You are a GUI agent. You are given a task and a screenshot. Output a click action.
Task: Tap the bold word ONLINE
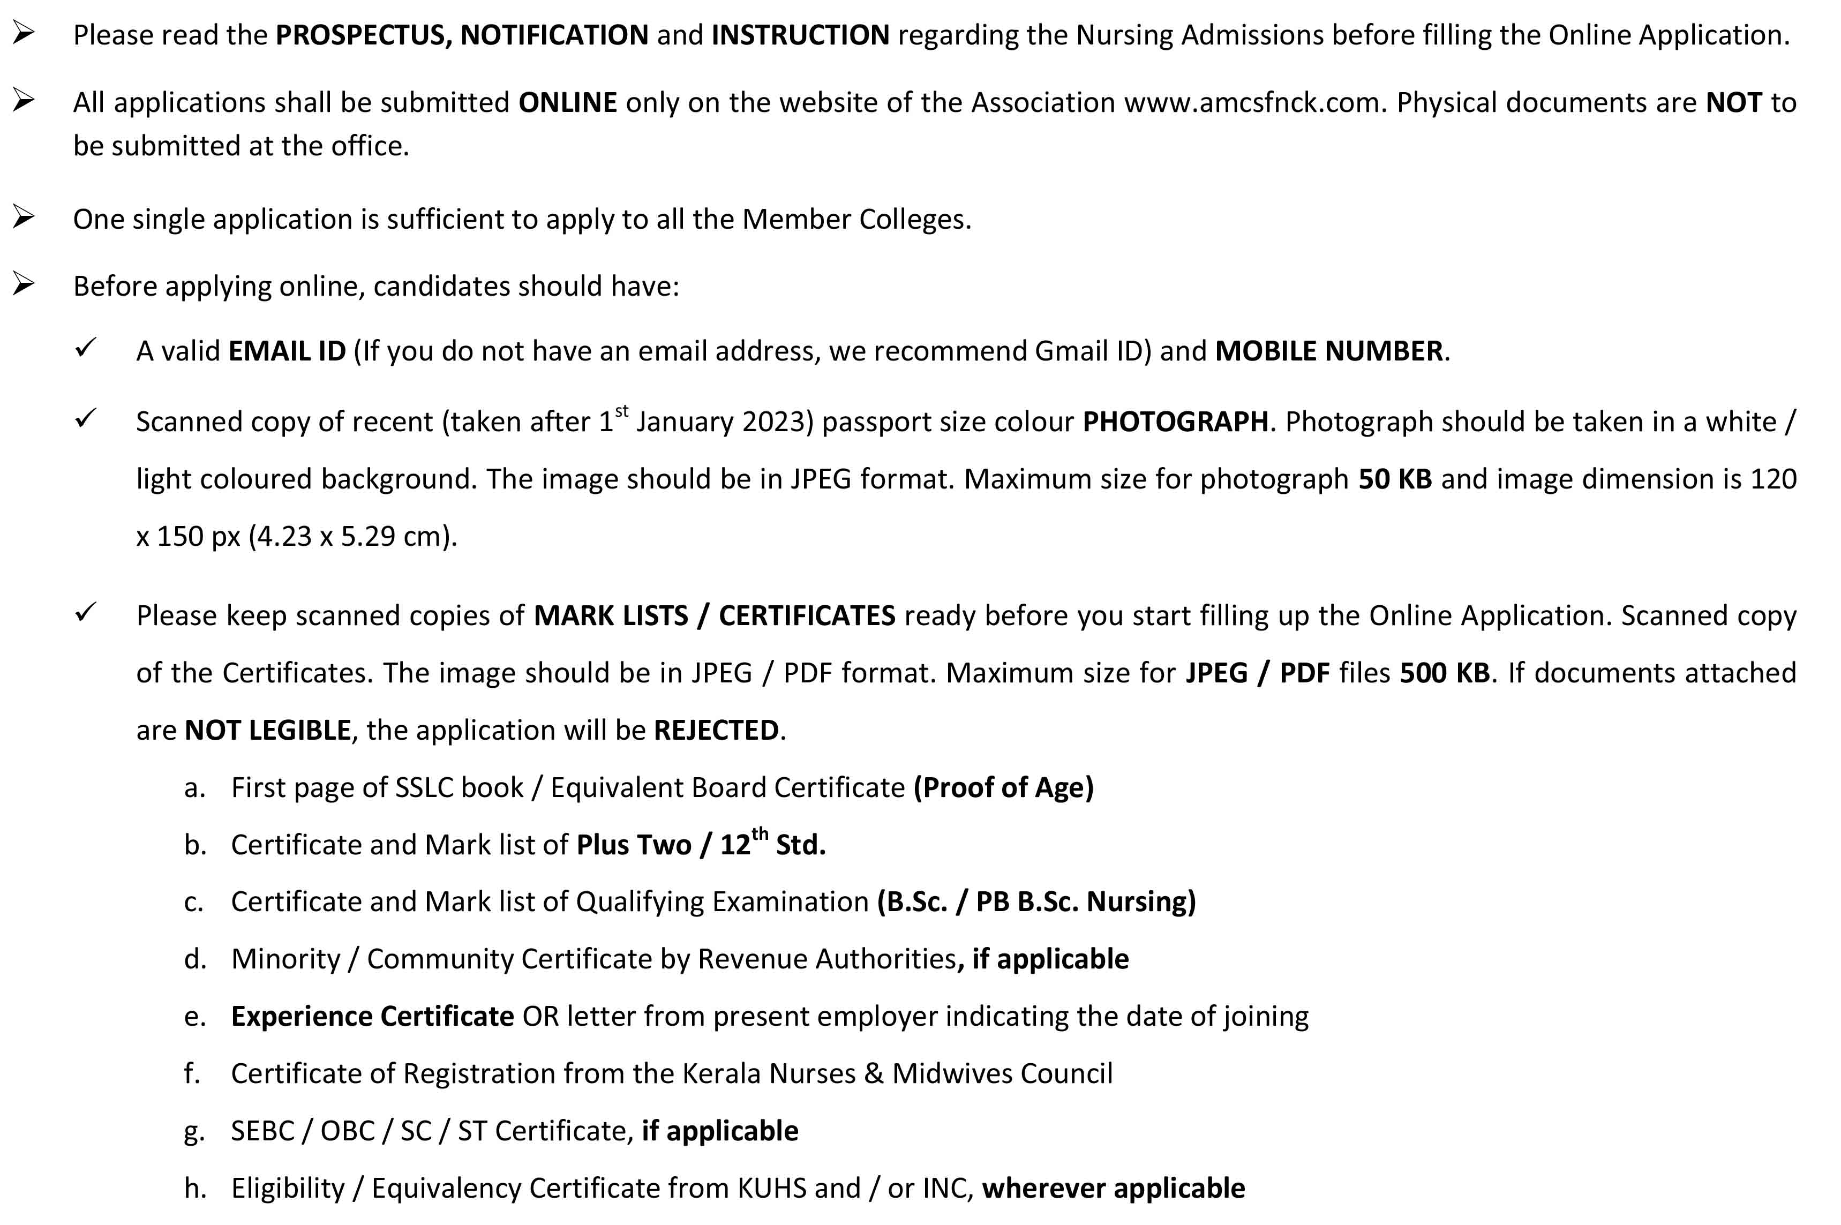[567, 102]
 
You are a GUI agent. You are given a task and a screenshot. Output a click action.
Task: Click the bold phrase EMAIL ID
[286, 351]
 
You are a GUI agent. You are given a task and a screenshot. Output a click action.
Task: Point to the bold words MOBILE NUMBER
[1328, 351]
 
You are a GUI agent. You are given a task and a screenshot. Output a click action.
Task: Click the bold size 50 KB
[1394, 479]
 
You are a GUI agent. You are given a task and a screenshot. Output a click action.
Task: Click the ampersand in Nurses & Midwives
[873, 1073]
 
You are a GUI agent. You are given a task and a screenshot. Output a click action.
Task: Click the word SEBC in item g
[262, 1131]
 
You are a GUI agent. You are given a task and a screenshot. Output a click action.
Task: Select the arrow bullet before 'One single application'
[24, 217]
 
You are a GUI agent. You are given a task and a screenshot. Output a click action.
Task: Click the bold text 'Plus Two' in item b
[634, 845]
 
